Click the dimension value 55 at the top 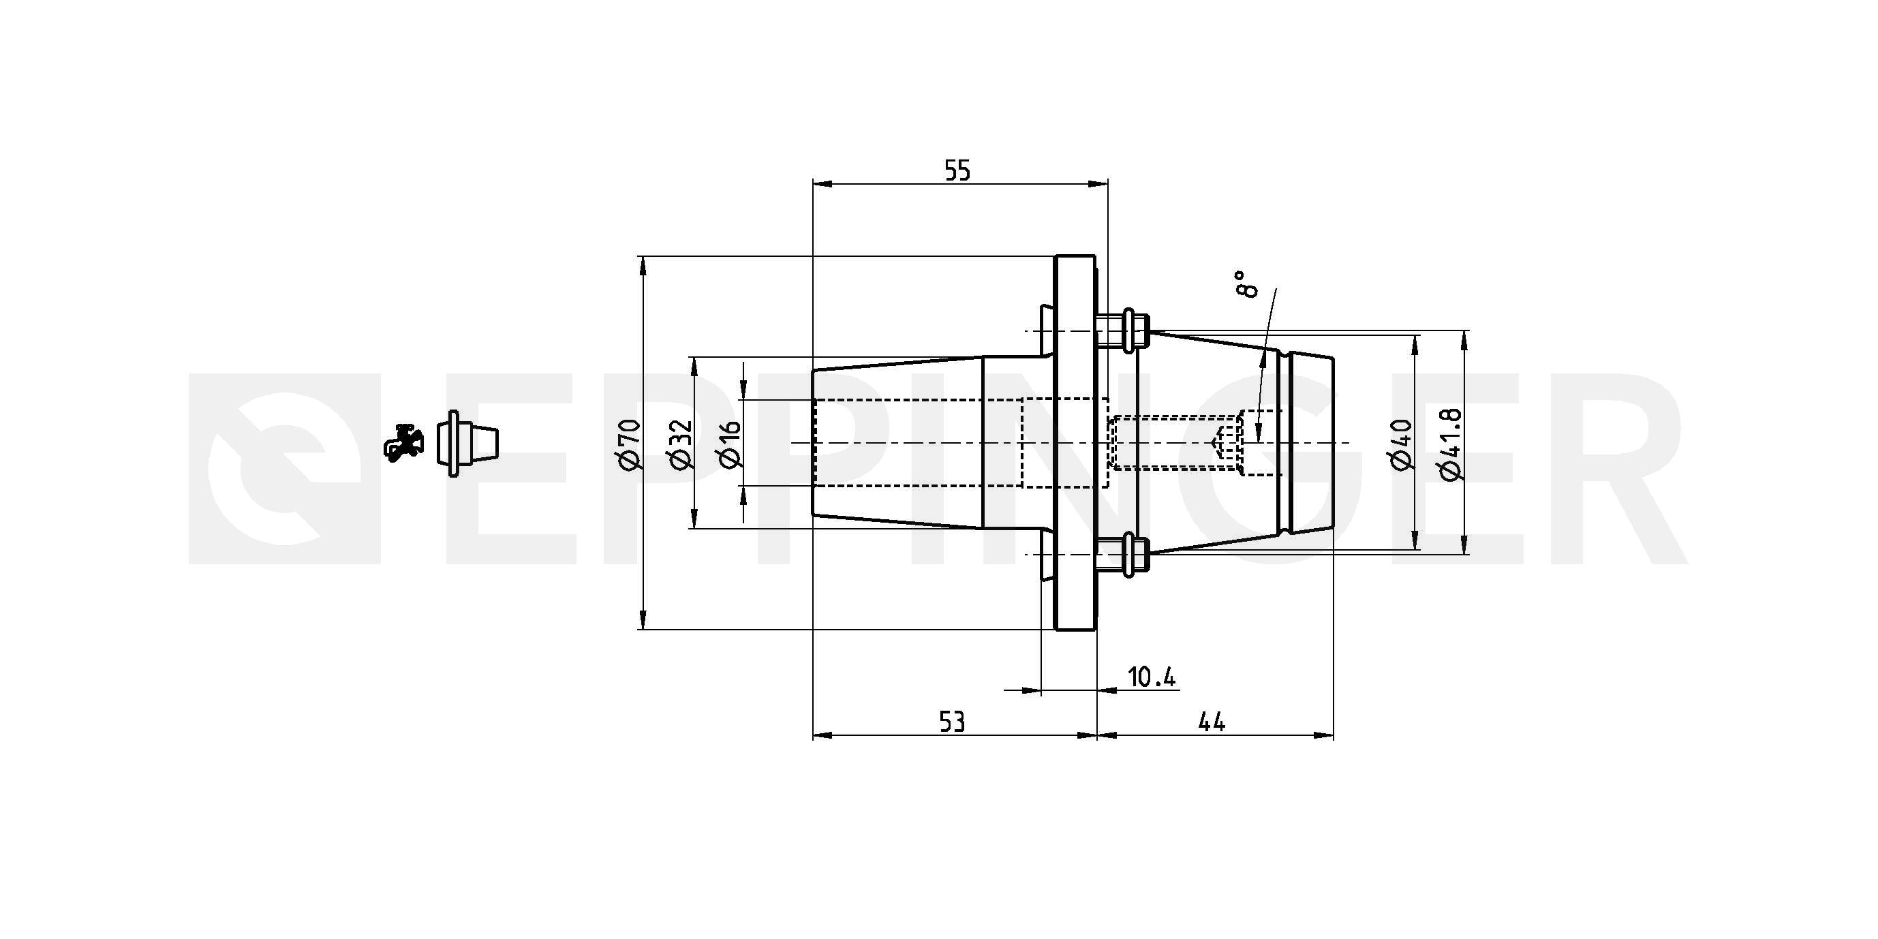coord(957,170)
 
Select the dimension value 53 coord(952,722)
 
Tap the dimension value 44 coord(1212,722)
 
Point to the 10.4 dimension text coord(1152,677)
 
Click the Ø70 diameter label coord(628,445)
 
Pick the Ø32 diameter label coord(679,445)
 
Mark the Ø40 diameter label coord(1402,445)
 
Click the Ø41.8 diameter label coord(1451,444)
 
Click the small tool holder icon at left coord(469,443)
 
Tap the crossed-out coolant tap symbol coord(404,442)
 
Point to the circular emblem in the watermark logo coord(285,468)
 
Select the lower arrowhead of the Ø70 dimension coord(643,618)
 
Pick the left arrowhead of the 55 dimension coord(823,185)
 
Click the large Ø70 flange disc coord(1075,442)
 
